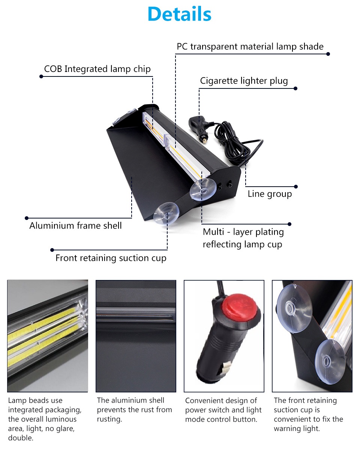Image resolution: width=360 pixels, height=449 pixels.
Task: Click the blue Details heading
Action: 180,14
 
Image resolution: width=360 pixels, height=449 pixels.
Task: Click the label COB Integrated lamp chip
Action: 97,69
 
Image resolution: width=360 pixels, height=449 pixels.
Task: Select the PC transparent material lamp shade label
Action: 250,46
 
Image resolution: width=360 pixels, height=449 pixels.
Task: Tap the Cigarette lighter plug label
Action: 244,81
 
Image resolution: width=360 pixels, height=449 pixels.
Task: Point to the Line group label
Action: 270,194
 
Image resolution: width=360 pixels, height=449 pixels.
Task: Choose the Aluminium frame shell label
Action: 75,226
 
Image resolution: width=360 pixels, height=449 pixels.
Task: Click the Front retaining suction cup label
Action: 111,258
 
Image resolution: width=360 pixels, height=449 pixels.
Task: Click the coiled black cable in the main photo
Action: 232,143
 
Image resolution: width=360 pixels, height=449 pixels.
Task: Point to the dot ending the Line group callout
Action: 296,187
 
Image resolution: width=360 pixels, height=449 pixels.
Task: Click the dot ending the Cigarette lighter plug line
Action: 295,88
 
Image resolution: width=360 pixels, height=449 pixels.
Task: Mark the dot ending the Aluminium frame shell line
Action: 27,218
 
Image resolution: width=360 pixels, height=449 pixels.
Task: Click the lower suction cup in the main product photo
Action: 166,213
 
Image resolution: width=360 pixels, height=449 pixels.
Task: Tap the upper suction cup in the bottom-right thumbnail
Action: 294,308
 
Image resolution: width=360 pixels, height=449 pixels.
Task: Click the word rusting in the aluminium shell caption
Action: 109,419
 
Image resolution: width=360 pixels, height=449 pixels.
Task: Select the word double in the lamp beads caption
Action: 21,438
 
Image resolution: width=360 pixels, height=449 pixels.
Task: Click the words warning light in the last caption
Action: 297,429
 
